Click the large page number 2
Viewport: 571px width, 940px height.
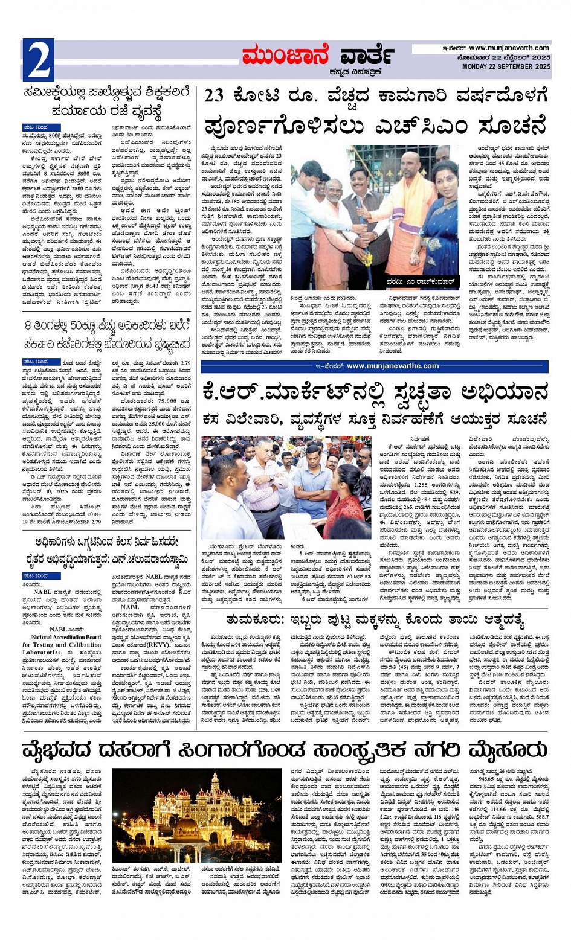[38, 60]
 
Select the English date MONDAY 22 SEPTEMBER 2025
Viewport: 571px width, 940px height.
[506, 66]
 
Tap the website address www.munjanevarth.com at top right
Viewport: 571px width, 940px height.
[509, 48]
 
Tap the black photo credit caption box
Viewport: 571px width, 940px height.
[421, 283]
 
